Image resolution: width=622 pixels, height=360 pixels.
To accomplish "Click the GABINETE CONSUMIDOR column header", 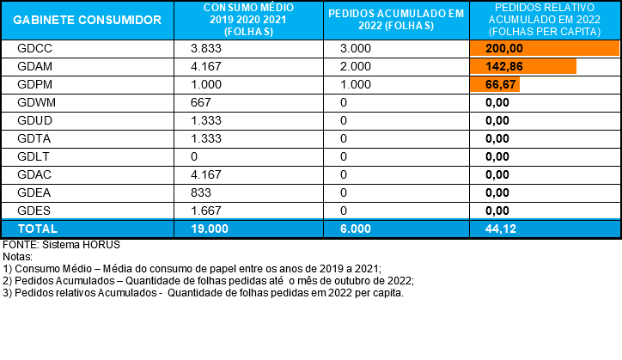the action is [88, 20].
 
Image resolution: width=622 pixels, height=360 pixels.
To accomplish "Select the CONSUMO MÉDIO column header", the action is [249, 20].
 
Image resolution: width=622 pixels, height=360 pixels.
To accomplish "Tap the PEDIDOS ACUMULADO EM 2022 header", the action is [396, 20].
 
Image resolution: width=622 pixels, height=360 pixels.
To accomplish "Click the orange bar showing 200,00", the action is [545, 48].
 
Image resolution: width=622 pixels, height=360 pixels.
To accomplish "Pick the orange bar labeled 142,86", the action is [523, 66].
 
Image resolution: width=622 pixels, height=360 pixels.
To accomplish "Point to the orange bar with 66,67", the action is [495, 84].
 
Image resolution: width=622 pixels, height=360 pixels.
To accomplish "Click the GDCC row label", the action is [34, 48].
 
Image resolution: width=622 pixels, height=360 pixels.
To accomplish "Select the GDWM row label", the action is [36, 102].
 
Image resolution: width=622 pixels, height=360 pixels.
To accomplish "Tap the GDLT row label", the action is [34, 156].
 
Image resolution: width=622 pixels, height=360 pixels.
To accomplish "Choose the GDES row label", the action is [34, 211].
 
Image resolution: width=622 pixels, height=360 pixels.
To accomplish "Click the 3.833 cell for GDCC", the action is [206, 48].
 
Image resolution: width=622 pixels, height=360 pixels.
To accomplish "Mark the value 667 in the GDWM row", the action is [201, 102].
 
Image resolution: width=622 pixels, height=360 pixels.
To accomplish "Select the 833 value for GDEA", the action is [201, 192].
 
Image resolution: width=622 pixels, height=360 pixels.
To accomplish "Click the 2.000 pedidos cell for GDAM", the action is [356, 66].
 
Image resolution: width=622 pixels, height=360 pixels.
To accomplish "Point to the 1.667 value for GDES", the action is [206, 211].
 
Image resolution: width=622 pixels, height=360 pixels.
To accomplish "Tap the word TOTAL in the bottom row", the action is [38, 229].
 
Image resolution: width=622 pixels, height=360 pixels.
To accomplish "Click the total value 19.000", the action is [210, 229].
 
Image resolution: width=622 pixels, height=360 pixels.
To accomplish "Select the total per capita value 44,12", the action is [501, 229].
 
